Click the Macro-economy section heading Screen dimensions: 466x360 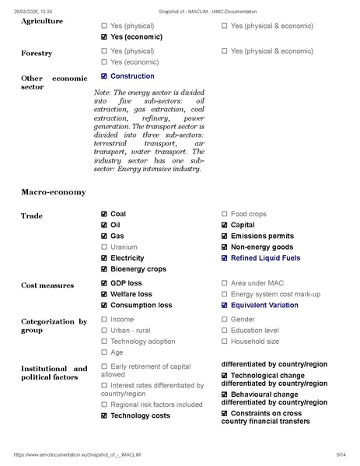coord(53,191)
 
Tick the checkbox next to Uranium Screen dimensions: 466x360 coord(104,247)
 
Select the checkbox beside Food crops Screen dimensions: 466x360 coord(225,214)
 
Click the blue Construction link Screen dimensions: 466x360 coord(132,76)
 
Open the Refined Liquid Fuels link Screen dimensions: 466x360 coord(265,258)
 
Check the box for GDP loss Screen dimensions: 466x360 coord(104,284)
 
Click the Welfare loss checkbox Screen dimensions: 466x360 coord(104,295)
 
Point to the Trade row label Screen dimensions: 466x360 coord(32,215)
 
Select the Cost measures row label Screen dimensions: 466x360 coord(47,286)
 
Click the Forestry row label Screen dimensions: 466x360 coord(37,53)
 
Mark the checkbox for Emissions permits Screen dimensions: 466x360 coord(225,237)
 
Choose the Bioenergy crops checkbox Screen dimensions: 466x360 coord(104,269)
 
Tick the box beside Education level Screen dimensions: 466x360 coord(225,331)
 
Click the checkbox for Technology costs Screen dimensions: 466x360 coord(104,416)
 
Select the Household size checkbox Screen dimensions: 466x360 coord(225,342)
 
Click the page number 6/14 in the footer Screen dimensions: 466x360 coord(340,454)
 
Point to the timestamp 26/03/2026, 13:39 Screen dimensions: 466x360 coord(32,11)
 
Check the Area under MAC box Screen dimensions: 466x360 coord(225,284)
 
